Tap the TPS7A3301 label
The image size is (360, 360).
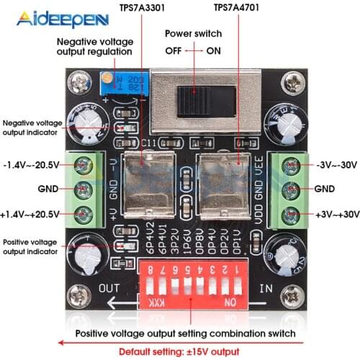point(142,9)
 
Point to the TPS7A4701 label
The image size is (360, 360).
point(237,9)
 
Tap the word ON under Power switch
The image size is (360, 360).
point(214,50)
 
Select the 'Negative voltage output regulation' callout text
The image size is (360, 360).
point(94,47)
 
